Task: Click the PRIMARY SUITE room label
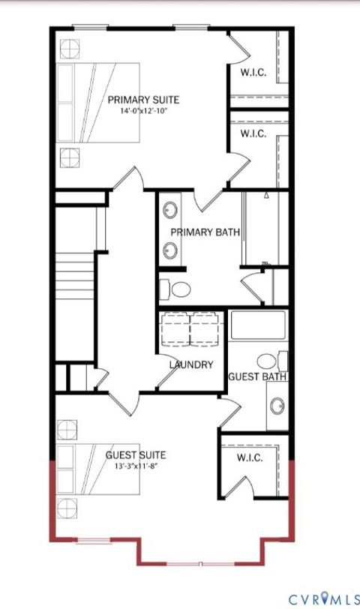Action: (x=143, y=100)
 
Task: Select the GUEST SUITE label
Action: (x=136, y=454)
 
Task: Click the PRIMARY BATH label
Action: (x=205, y=232)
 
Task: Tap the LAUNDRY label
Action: (x=191, y=365)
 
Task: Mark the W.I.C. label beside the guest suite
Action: (x=250, y=458)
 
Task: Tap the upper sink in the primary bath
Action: (x=171, y=210)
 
